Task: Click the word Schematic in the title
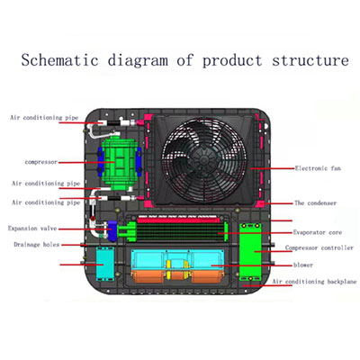(x=60, y=59)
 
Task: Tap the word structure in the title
(x=310, y=60)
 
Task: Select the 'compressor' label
(x=41, y=162)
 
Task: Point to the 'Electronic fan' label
(x=318, y=168)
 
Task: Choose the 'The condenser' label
(x=315, y=203)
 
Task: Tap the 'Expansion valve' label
(x=32, y=229)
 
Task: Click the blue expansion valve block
(x=112, y=230)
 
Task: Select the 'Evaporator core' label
(x=318, y=232)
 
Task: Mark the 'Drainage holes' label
(x=37, y=245)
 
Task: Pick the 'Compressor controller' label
(x=319, y=247)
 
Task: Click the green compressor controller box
(x=250, y=251)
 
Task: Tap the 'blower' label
(x=303, y=265)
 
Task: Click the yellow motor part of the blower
(x=177, y=269)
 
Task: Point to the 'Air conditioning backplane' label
(x=315, y=282)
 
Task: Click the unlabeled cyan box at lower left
(x=105, y=264)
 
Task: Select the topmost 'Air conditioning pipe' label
(x=44, y=118)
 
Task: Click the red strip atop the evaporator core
(x=181, y=220)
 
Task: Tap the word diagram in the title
(x=138, y=60)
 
